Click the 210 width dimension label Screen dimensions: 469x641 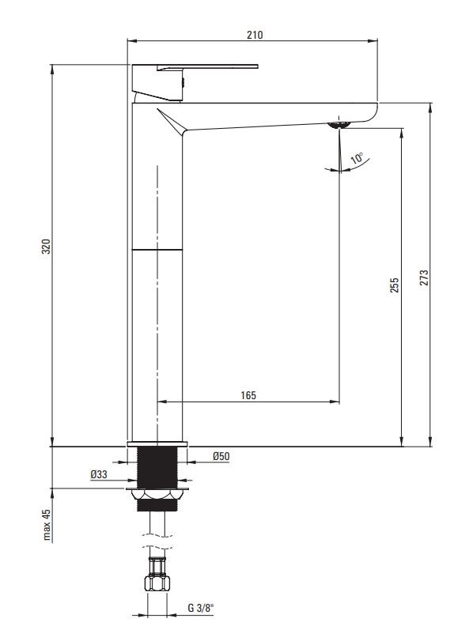click(x=255, y=35)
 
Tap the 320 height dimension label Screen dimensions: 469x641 click(x=46, y=247)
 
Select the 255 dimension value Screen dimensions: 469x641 click(x=394, y=285)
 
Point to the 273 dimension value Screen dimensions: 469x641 click(x=424, y=277)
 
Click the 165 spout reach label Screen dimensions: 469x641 click(x=248, y=395)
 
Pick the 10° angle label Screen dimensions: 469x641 click(x=357, y=158)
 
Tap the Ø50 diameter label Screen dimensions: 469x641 click(x=221, y=456)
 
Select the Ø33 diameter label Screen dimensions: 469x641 click(x=99, y=474)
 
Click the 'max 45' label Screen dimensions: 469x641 click(x=47, y=525)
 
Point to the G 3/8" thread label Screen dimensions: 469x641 click(x=201, y=608)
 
